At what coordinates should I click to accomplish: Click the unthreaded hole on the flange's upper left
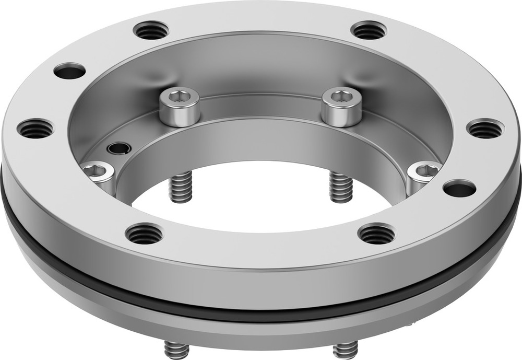click(69, 71)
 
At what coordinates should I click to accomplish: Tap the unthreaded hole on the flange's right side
click(459, 188)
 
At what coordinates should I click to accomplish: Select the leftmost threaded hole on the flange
click(35, 128)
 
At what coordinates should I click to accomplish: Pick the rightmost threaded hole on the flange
click(485, 129)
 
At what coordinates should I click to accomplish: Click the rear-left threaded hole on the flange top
click(151, 30)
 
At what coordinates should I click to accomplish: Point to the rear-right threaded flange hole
click(369, 30)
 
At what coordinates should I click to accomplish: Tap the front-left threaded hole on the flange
click(144, 234)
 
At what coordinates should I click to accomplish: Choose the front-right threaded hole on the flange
click(376, 233)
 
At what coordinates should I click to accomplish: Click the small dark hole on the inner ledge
click(119, 148)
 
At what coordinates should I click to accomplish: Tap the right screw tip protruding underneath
click(345, 349)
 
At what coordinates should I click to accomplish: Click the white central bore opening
click(261, 204)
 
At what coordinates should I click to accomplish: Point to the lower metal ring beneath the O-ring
click(261, 329)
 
